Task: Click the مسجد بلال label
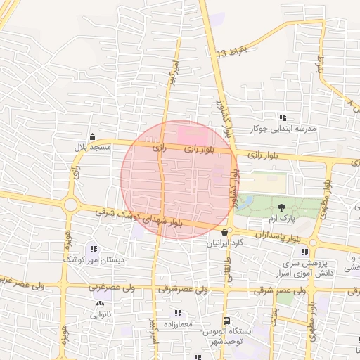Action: click(x=92, y=148)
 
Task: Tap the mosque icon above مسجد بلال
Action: click(x=92, y=137)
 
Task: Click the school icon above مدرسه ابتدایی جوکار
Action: click(x=283, y=117)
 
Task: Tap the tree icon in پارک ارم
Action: click(x=281, y=207)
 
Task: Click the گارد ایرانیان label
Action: click(x=224, y=243)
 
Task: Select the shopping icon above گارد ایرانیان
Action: click(x=224, y=232)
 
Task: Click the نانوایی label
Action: click(x=99, y=315)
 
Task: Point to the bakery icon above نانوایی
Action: click(x=99, y=304)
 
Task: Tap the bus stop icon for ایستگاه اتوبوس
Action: click(x=226, y=321)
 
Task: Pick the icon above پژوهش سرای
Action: click(x=304, y=250)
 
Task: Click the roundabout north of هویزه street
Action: click(x=70, y=205)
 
